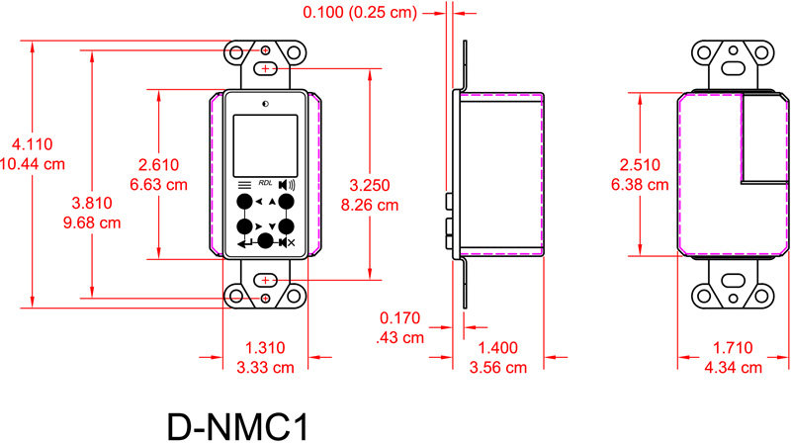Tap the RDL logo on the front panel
pyautogui.click(x=264, y=183)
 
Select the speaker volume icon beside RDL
pyautogui.click(x=287, y=184)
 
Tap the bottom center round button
pyautogui.click(x=265, y=241)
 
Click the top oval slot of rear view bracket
pyautogui.click(x=734, y=67)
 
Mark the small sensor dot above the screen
pyautogui.click(x=265, y=103)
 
